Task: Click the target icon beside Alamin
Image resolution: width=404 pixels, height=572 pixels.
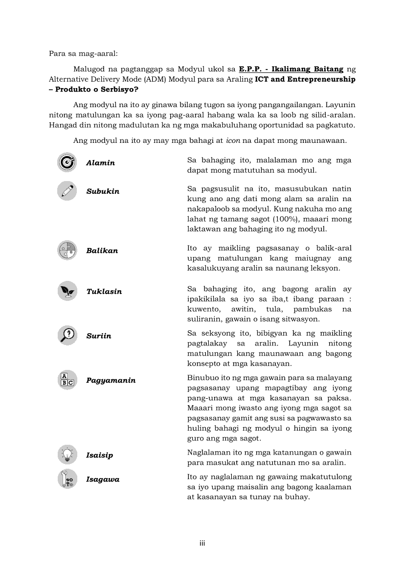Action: point(67,162)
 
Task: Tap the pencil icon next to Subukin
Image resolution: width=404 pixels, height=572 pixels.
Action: point(67,190)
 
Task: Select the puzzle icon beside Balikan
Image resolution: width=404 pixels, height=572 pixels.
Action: point(67,250)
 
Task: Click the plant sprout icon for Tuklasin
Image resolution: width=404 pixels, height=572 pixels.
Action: point(67,291)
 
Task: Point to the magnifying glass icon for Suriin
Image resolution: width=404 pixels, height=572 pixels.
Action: point(67,335)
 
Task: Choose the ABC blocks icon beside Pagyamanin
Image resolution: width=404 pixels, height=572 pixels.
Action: point(67,380)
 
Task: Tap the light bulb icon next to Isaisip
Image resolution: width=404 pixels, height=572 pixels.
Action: point(67,455)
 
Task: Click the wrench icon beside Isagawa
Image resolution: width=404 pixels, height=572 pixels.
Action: point(67,479)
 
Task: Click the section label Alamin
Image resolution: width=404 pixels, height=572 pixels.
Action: point(101,163)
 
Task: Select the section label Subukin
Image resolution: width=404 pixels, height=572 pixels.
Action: point(103,191)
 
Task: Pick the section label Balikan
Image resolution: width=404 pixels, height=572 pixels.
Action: point(102,251)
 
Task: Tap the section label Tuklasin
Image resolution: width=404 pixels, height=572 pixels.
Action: point(104,292)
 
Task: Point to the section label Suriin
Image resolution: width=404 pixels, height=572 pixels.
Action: point(99,336)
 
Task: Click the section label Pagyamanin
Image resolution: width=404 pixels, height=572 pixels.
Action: point(111,381)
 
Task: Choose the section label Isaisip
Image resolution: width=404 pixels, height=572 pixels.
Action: point(100,456)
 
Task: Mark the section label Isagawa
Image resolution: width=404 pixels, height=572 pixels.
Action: point(103,480)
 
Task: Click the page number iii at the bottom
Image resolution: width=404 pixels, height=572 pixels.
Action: point(202,543)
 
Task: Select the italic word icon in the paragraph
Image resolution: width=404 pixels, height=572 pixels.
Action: point(232,141)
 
